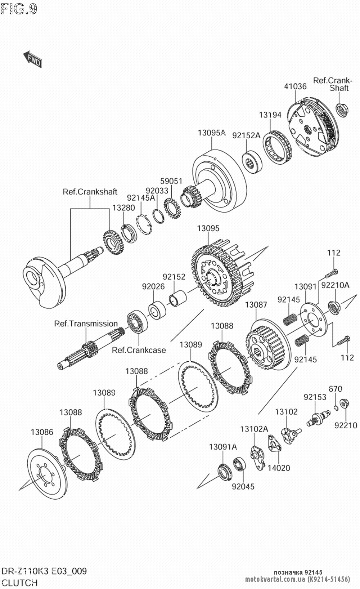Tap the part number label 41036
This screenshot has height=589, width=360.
[x=295, y=86]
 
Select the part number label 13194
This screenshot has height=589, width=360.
[x=270, y=115]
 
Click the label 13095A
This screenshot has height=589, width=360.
[x=211, y=133]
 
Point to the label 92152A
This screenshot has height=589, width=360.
[x=246, y=136]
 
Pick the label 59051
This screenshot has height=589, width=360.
[x=171, y=181]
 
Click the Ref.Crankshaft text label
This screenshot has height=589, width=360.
[x=90, y=192]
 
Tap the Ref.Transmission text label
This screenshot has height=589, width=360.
[x=86, y=323]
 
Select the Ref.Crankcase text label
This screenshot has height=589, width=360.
[x=139, y=350]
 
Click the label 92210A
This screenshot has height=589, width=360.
[x=335, y=285]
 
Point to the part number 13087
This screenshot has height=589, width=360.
[x=256, y=305]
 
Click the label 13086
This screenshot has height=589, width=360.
[x=42, y=432]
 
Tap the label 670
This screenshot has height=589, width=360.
[x=335, y=389]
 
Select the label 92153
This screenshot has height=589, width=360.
[x=315, y=397]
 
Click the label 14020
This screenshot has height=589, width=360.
[x=278, y=468]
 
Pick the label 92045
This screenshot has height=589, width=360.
[x=243, y=486]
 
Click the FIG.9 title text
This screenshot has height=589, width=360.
[x=19, y=9]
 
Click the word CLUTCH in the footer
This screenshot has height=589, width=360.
[x=20, y=583]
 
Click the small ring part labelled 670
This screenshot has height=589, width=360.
[x=336, y=408]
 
